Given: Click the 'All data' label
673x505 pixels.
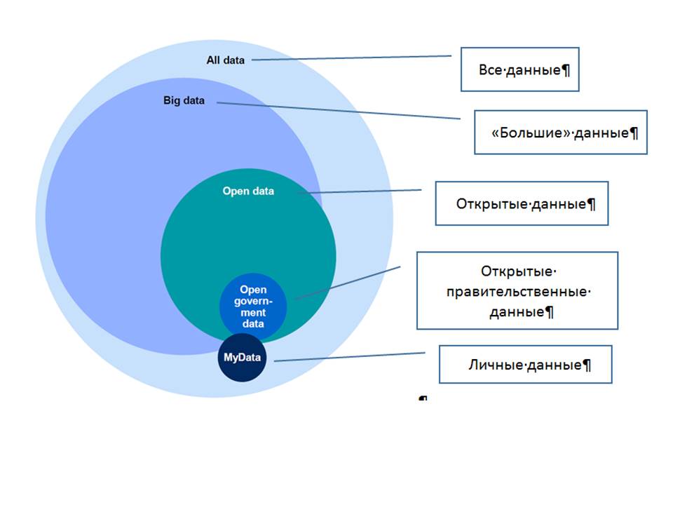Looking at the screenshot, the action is click(x=225, y=60).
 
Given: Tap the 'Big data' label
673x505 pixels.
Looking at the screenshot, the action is click(x=184, y=100).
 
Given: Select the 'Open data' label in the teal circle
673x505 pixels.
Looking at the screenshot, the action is click(x=248, y=191).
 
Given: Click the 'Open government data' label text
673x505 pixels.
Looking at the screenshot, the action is click(x=253, y=307).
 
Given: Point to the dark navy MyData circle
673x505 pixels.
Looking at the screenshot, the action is click(x=242, y=357).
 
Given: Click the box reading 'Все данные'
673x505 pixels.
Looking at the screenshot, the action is click(x=519, y=69).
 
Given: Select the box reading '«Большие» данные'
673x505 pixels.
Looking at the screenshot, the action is click(x=561, y=133).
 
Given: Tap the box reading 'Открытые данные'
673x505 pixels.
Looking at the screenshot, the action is click(x=522, y=203).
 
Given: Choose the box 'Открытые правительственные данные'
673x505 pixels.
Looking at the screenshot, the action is click(x=517, y=290).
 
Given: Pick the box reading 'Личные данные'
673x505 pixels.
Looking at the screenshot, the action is click(x=525, y=365).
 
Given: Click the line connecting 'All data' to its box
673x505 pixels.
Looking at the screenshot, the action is click(x=351, y=58).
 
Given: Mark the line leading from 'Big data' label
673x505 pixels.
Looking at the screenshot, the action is click(x=339, y=110).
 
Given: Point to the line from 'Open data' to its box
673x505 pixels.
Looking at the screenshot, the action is click(x=360, y=191).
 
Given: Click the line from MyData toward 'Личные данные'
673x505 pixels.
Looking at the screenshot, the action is click(x=349, y=357).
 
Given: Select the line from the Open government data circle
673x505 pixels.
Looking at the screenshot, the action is click(x=347, y=283).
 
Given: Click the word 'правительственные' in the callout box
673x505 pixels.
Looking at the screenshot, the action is click(x=517, y=292).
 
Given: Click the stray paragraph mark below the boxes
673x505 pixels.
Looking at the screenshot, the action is click(x=423, y=398).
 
